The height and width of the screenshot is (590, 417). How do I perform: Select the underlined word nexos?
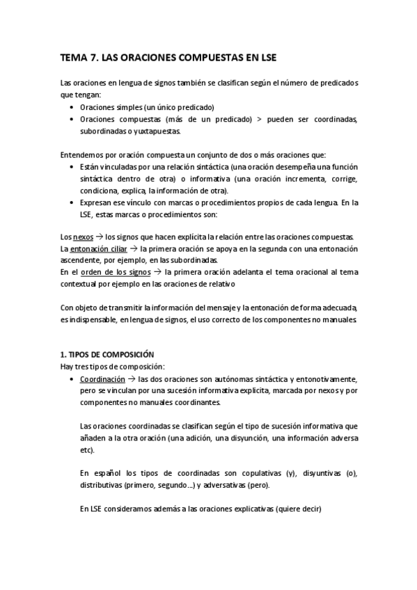pos(82,237)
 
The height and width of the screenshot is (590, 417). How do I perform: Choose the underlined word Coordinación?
pos(102,380)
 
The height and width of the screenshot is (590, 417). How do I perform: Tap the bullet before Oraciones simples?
pos(74,107)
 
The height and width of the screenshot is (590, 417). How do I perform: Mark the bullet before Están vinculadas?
pos(74,167)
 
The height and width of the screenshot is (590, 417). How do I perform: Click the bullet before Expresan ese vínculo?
pos(74,202)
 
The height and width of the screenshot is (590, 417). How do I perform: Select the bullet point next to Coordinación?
pos(74,380)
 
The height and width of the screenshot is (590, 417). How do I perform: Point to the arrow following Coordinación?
pos(132,380)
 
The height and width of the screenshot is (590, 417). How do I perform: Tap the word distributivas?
pos(102,485)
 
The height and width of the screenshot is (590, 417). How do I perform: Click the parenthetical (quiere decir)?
pos(298,509)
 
